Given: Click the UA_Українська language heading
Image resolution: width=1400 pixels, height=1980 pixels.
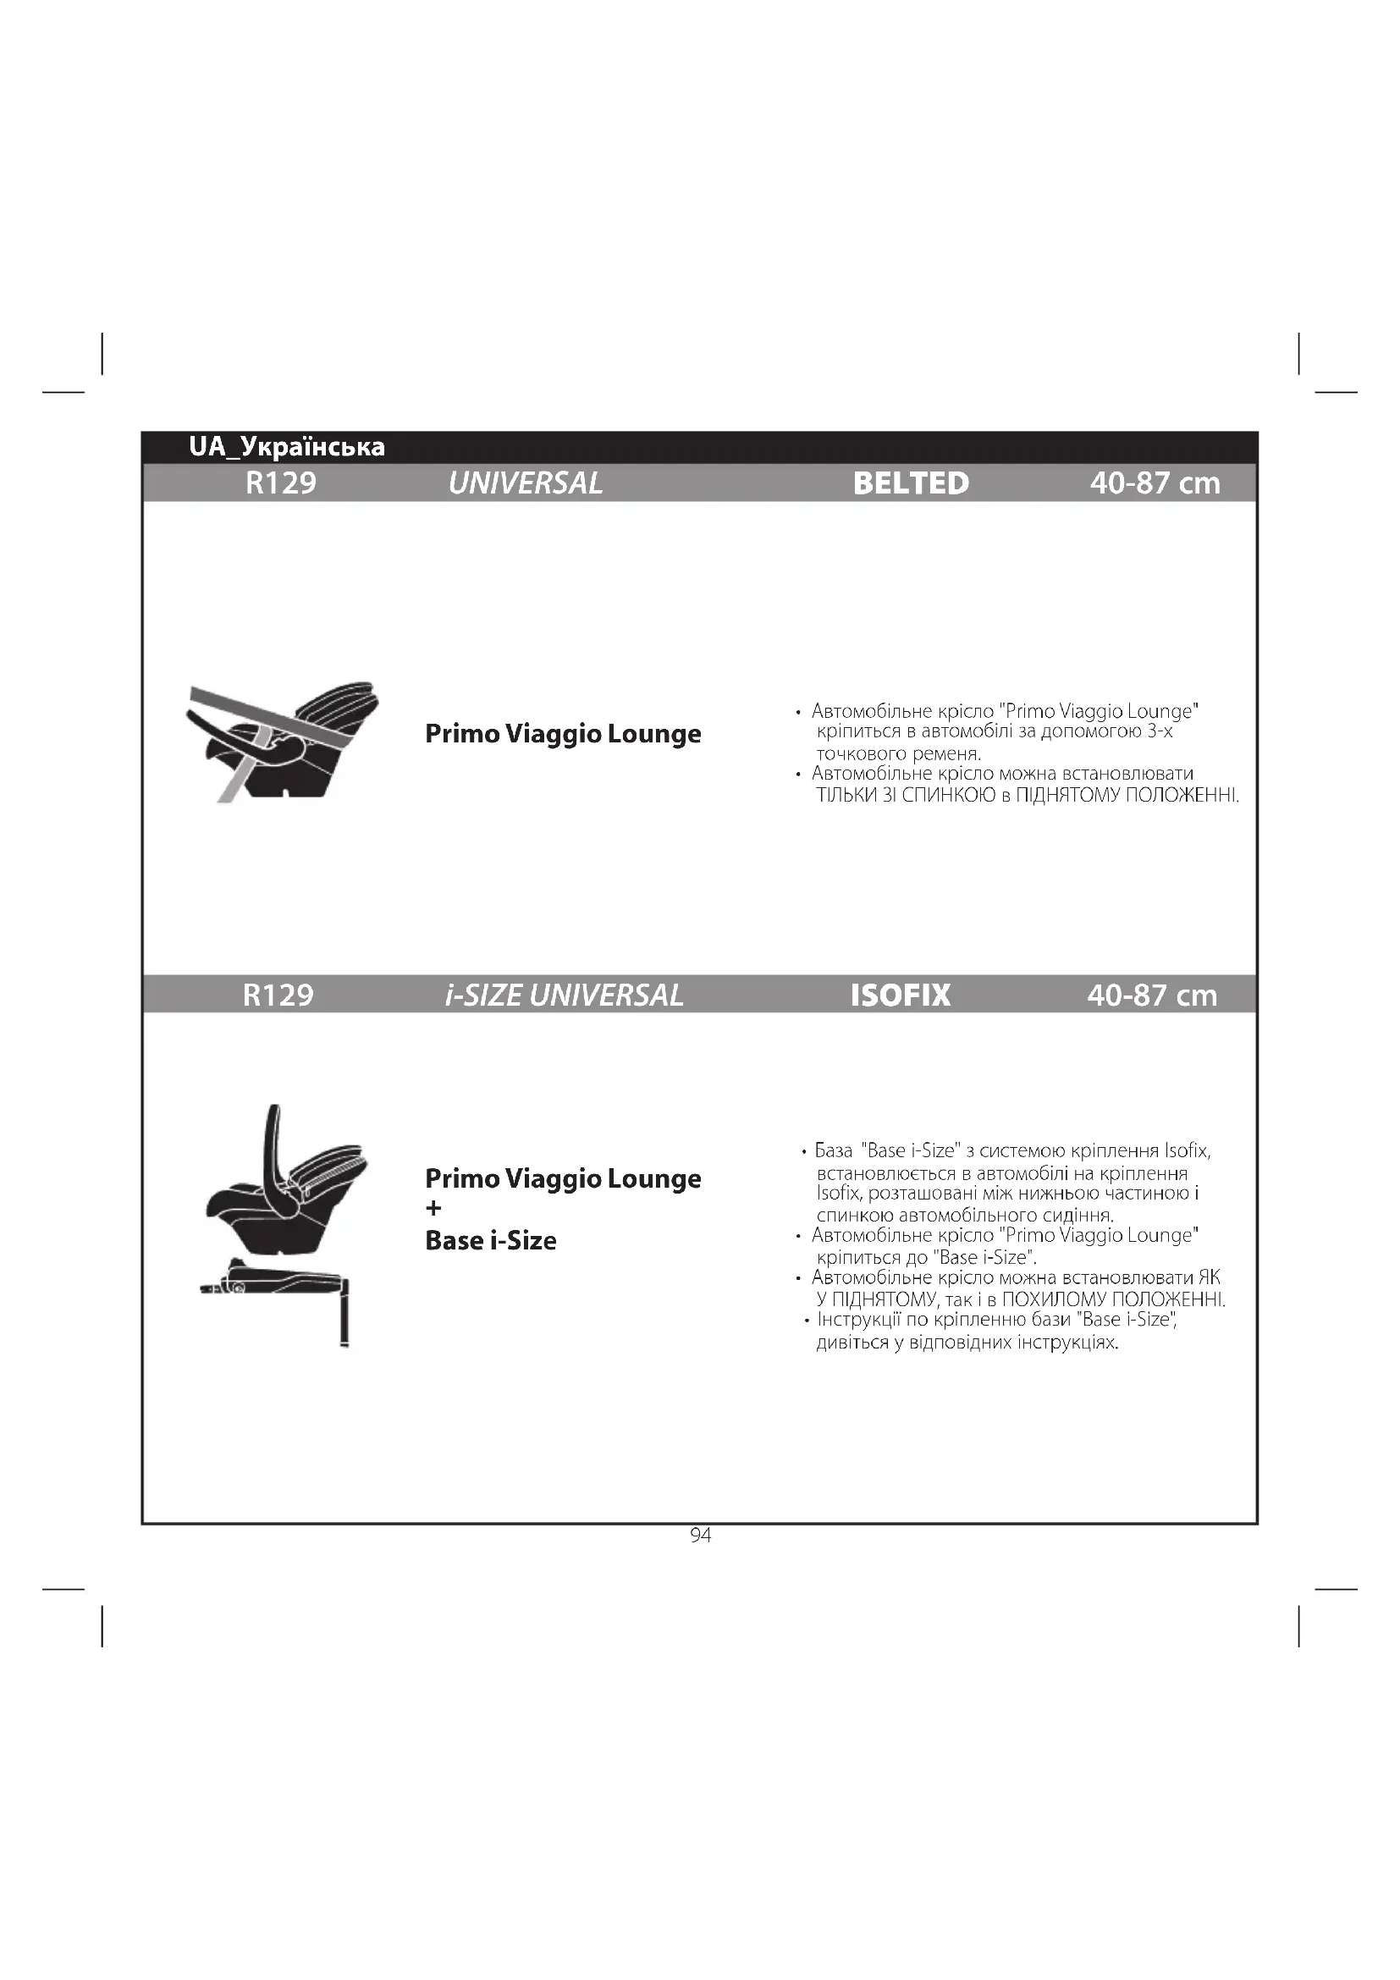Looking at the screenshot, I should (286, 447).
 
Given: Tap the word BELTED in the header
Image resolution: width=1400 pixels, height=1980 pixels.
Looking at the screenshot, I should (911, 483).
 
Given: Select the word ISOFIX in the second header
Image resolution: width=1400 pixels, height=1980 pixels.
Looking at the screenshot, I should (900, 996).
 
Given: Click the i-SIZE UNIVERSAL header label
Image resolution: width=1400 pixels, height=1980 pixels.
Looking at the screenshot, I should (564, 996).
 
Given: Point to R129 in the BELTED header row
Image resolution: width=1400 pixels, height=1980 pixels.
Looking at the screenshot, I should (280, 483).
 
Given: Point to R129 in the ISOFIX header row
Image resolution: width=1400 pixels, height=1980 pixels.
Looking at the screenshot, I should (278, 996).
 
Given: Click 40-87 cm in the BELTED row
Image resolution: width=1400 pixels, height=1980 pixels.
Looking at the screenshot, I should (1155, 483).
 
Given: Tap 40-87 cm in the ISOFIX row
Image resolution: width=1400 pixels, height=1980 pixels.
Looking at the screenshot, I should (1152, 996).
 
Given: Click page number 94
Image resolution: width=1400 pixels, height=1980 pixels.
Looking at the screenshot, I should (700, 1535).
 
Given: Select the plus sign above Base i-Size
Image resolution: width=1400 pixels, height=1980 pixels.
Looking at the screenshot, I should (433, 1209).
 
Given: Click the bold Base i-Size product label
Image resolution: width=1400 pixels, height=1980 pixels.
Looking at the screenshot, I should (491, 1240).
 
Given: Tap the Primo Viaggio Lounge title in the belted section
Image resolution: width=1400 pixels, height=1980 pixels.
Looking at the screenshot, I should (563, 733).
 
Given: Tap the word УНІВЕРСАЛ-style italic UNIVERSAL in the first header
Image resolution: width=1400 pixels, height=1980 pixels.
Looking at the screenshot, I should (525, 483).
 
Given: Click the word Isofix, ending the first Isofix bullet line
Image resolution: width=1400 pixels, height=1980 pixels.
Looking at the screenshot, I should (1187, 1150).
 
